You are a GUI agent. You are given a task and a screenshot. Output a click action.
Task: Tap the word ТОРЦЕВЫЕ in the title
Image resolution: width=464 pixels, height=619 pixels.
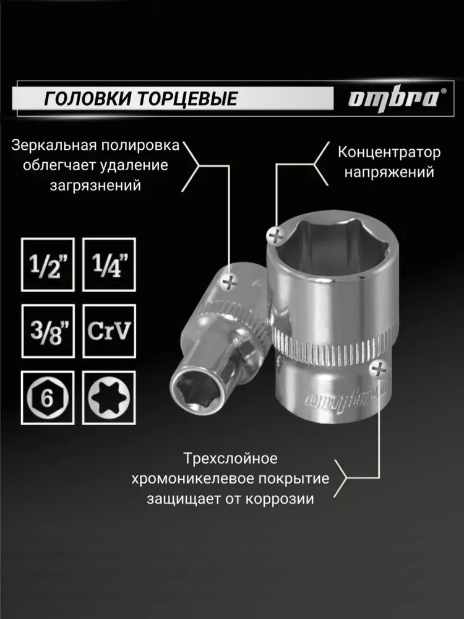187,98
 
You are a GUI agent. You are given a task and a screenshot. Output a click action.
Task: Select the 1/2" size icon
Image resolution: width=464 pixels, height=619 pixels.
48,264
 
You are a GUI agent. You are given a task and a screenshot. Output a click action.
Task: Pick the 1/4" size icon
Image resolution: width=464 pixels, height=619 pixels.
109,264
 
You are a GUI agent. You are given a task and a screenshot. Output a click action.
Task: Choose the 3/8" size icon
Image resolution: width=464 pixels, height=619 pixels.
48,331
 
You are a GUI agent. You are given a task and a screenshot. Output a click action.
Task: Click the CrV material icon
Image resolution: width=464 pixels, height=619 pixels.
109,331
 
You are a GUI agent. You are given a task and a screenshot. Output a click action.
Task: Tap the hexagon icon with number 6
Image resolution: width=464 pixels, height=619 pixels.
48,397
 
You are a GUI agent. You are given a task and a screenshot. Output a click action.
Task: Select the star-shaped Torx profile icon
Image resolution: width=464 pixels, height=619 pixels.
109,397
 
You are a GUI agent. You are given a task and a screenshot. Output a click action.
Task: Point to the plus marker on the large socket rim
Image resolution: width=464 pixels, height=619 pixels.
276,236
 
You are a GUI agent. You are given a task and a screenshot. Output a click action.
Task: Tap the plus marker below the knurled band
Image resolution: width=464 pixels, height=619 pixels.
379,370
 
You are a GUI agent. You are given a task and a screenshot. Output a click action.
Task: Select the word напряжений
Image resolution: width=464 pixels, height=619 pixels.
389,172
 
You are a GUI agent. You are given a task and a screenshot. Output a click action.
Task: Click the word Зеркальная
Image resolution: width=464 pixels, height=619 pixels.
54,145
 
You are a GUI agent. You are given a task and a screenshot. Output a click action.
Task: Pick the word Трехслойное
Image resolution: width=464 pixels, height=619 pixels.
230,459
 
